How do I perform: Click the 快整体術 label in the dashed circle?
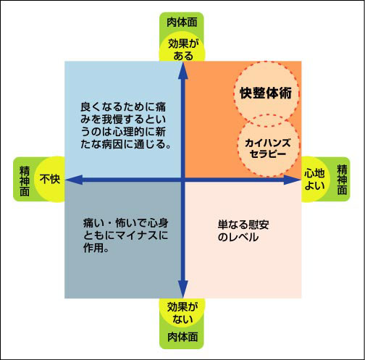[266, 93]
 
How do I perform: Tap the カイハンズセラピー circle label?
[268, 148]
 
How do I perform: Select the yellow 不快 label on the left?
[50, 179]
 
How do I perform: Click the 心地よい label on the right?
[314, 180]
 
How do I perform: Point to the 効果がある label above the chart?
[183, 50]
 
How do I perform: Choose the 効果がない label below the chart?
[182, 313]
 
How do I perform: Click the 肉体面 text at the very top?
[182, 22]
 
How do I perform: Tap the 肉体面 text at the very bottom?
[182, 337]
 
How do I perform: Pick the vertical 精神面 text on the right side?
[342, 180]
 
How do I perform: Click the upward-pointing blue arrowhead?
[183, 70]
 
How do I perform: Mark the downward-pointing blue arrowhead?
[183, 289]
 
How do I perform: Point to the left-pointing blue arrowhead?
[74, 180]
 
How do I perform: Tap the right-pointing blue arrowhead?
[293, 180]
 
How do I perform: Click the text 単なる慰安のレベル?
[243, 231]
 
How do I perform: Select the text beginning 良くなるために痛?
[126, 125]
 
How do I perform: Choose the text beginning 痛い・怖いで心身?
[125, 235]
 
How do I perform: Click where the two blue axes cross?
[183, 180]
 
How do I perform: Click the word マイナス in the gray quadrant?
[136, 235]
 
